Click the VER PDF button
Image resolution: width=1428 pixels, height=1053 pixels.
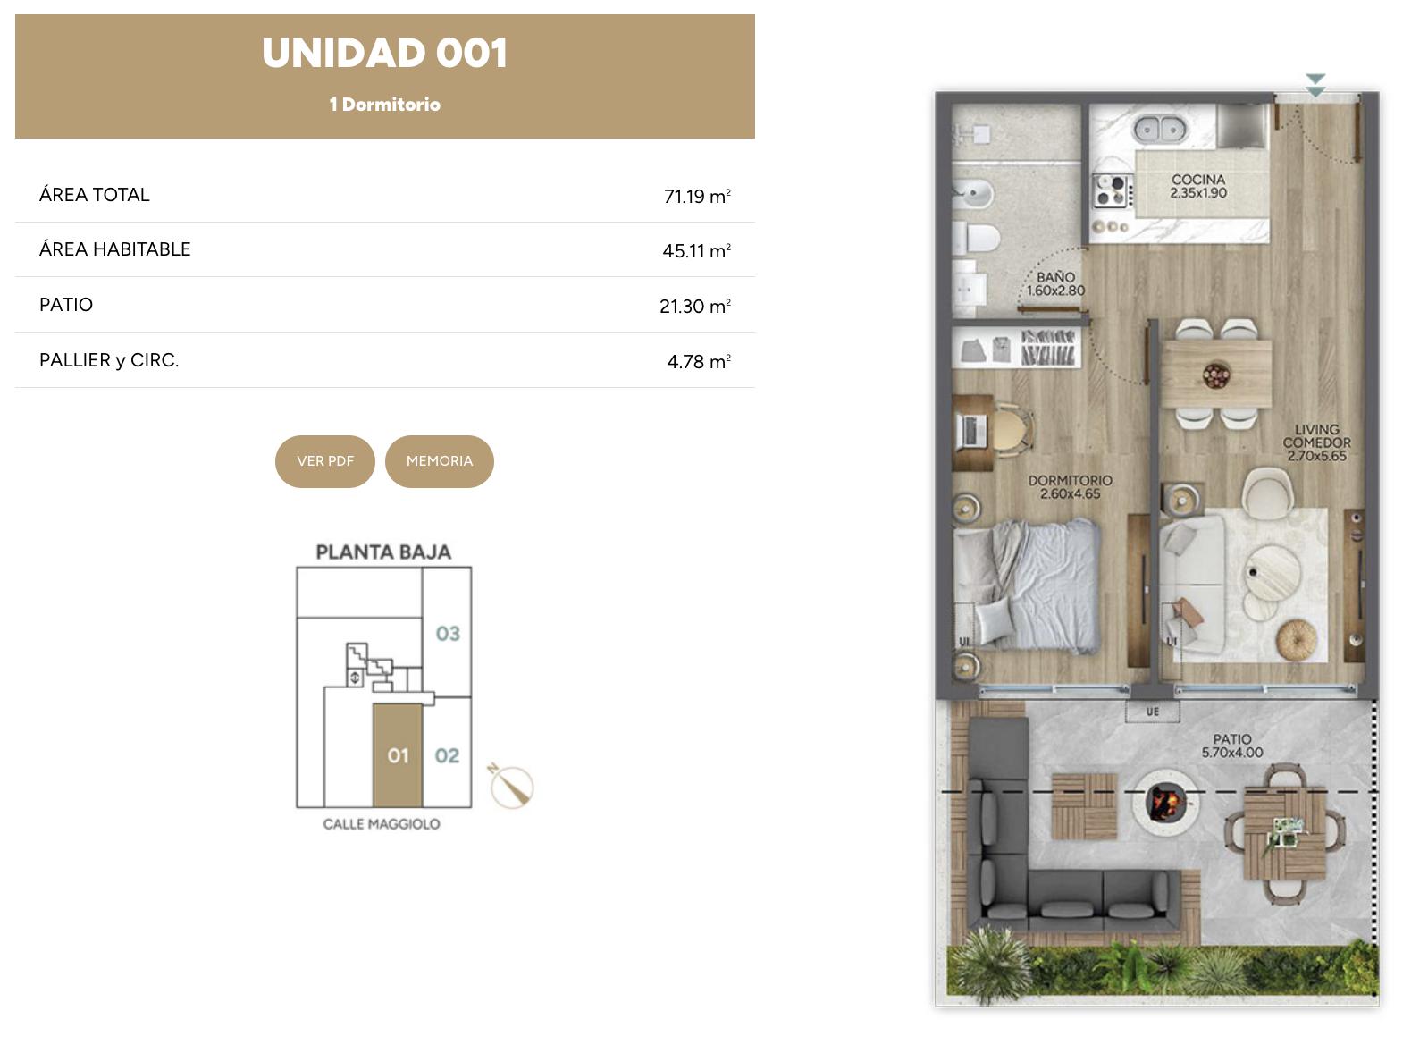point(325,462)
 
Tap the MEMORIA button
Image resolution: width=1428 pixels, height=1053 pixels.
point(440,462)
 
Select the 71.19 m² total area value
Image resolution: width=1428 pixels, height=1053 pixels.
point(697,196)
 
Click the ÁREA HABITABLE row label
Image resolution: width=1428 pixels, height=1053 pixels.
point(114,249)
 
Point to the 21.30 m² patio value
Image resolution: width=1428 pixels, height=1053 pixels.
point(695,306)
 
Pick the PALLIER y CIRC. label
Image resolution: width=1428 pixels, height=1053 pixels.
point(109,360)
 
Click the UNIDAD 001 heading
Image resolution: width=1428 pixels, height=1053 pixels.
point(385,53)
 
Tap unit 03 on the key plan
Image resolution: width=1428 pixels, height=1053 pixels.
point(448,634)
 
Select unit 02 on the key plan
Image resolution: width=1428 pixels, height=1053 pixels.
point(447,756)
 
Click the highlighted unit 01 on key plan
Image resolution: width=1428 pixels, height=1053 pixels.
point(398,756)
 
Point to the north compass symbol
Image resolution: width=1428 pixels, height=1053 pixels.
point(511,786)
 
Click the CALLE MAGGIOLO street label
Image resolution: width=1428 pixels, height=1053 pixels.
point(382,824)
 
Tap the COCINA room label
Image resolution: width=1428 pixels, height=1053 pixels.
point(1198,186)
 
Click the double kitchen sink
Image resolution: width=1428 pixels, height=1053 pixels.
point(1160,130)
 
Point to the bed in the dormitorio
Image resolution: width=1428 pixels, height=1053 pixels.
point(1027,586)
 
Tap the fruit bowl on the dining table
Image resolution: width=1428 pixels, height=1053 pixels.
point(1216,375)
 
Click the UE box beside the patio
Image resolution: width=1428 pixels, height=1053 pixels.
point(1153,712)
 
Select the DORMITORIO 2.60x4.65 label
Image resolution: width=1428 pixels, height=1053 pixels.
point(1071,486)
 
